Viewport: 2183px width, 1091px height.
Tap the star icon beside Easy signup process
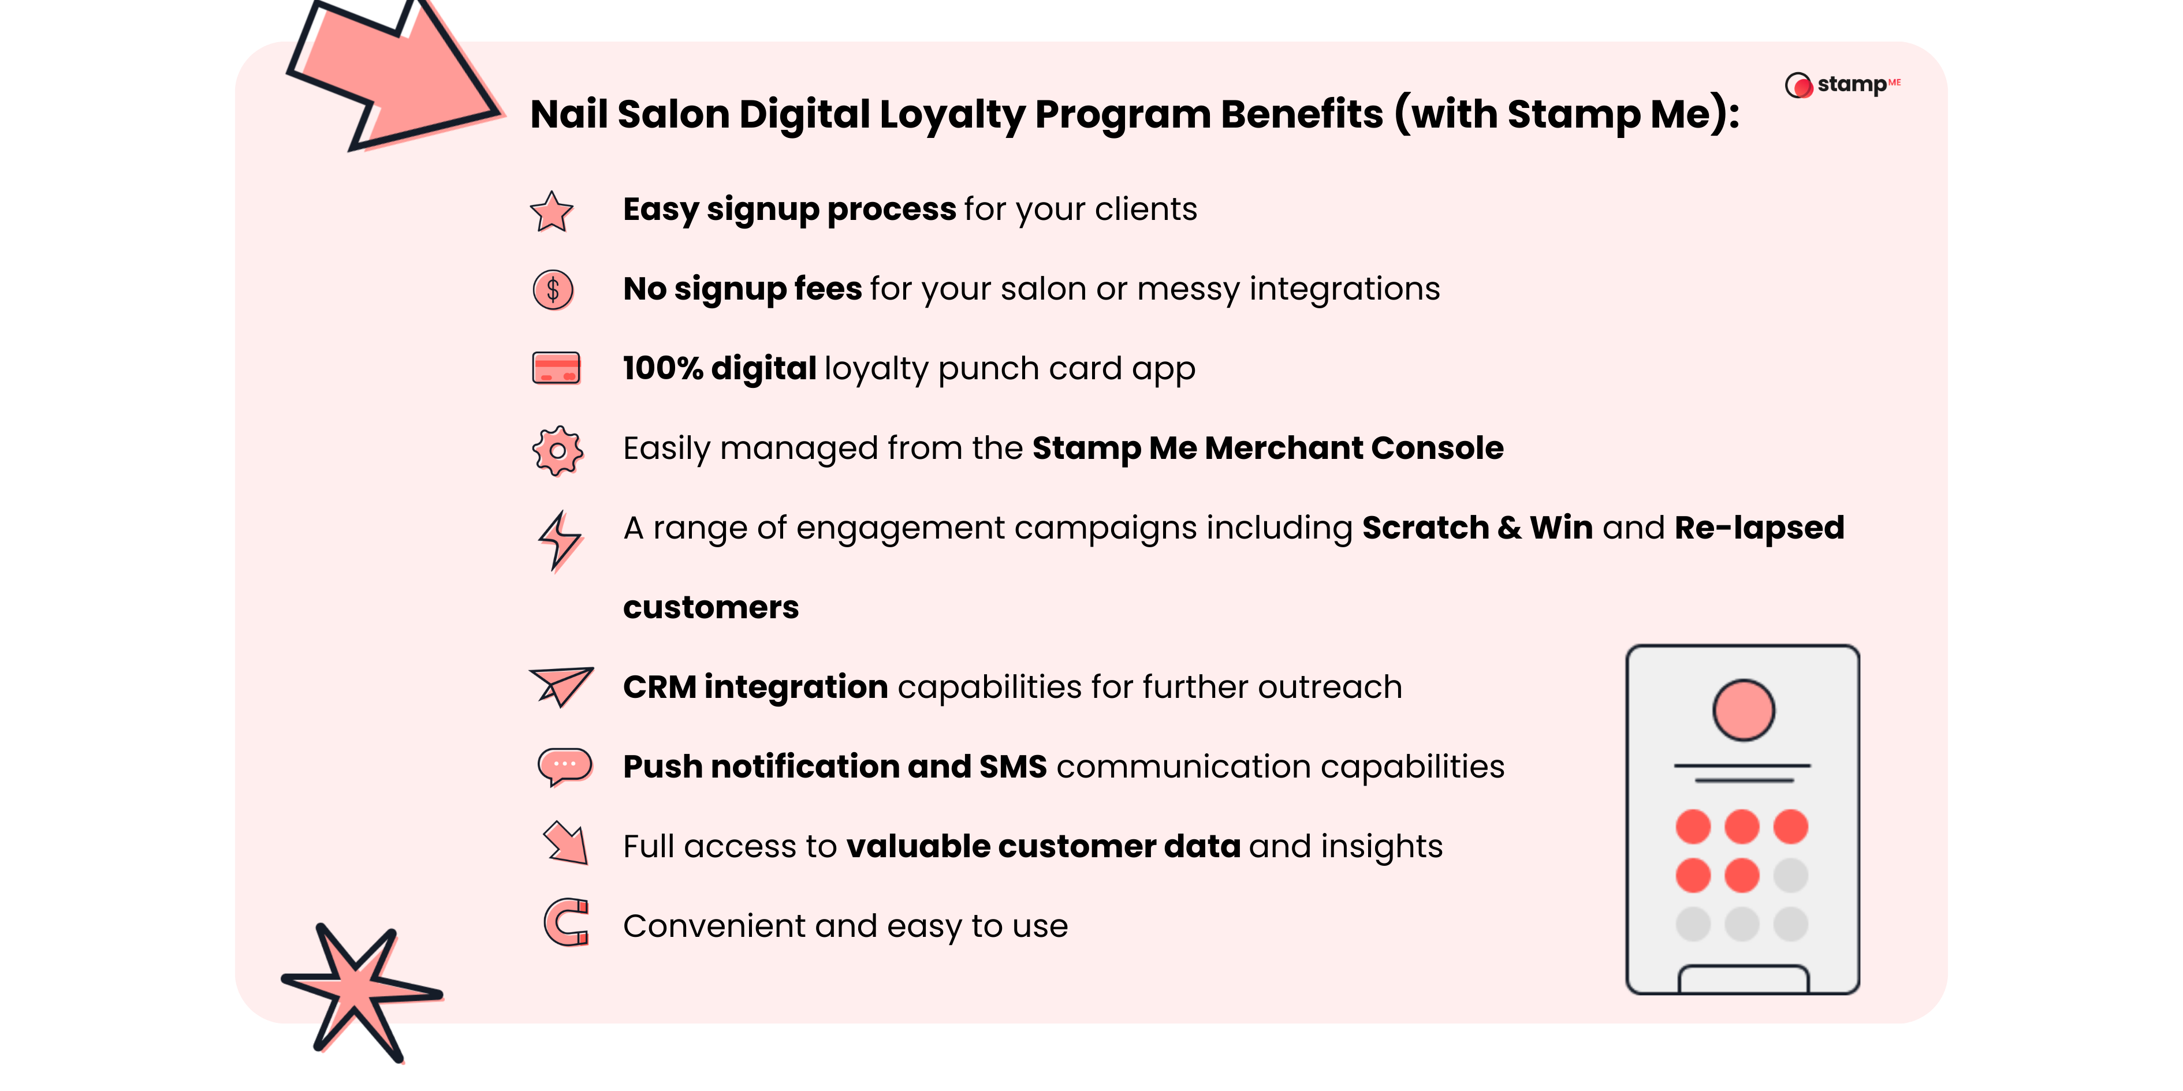(x=552, y=212)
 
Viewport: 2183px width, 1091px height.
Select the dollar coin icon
(x=553, y=290)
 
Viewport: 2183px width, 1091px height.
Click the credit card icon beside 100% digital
(x=556, y=368)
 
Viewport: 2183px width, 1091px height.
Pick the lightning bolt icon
(x=559, y=540)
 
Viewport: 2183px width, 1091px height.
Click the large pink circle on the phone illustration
(x=1743, y=710)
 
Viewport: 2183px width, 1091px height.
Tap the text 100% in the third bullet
(x=663, y=368)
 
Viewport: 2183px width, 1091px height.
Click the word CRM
(x=660, y=687)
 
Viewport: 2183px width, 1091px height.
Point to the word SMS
(x=1013, y=767)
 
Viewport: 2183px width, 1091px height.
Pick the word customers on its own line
(x=710, y=607)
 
